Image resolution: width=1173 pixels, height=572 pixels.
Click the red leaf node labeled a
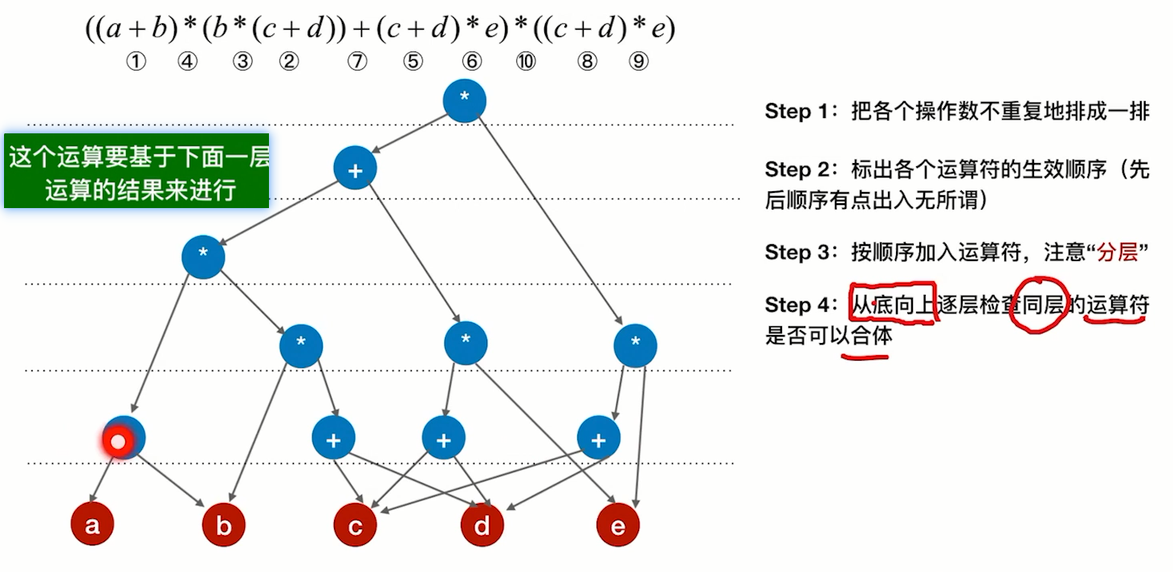coord(92,525)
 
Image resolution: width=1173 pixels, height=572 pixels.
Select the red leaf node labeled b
coord(224,525)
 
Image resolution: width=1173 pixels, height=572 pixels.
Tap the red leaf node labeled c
coord(355,525)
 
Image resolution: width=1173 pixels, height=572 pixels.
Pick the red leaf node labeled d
coord(482,525)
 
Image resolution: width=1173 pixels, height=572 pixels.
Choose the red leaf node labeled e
coord(617,525)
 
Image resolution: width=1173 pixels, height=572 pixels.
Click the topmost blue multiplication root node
coord(464,100)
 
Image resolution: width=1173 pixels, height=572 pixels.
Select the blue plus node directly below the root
coord(356,169)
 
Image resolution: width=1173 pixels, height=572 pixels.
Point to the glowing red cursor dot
coord(119,441)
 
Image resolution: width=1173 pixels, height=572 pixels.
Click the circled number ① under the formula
coord(136,62)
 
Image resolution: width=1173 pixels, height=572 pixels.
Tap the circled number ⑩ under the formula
coord(526,62)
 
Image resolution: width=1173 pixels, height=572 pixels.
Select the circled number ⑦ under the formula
coord(356,62)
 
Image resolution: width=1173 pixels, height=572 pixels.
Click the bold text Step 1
coord(799,111)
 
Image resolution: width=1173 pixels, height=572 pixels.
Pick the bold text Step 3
coord(799,252)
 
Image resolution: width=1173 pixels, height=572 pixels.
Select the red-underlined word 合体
coord(871,335)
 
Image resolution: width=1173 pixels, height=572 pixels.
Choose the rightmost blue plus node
coord(598,439)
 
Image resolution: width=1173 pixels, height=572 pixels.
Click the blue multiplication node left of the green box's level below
coord(203,257)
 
